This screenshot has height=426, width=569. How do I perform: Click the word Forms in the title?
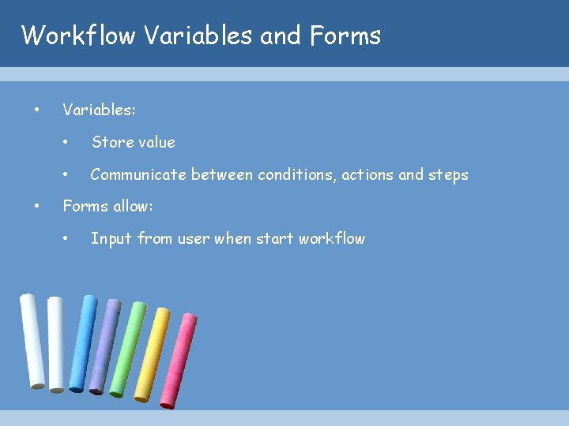point(345,35)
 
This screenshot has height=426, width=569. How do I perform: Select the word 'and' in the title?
point(280,35)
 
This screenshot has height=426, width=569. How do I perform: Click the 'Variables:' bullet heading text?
point(99,110)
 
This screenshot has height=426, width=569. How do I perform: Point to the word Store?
point(110,142)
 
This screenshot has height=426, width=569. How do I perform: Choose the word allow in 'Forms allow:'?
point(134,207)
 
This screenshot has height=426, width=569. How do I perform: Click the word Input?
point(111,238)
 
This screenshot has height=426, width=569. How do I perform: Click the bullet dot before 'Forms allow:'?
point(36,207)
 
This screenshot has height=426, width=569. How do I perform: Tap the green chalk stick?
point(126,348)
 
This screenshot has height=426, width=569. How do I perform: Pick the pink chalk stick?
point(178,361)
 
